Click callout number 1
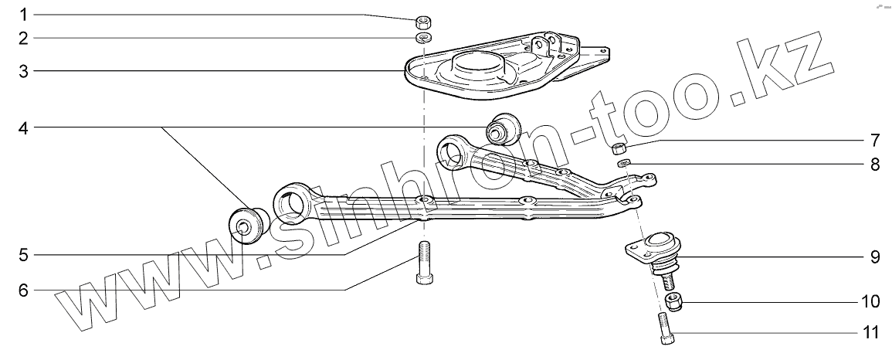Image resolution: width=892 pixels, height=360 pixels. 24,15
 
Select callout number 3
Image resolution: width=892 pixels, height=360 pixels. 24,72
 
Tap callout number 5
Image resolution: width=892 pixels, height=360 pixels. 24,254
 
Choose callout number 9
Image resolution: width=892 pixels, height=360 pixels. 874,256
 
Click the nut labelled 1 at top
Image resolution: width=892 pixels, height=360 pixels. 423,21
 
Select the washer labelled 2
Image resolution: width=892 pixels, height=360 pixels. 423,38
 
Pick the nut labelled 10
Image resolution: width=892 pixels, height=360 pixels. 673,302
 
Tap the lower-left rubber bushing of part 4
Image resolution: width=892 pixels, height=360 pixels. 249,224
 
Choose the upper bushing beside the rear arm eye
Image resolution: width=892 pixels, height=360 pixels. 502,127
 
